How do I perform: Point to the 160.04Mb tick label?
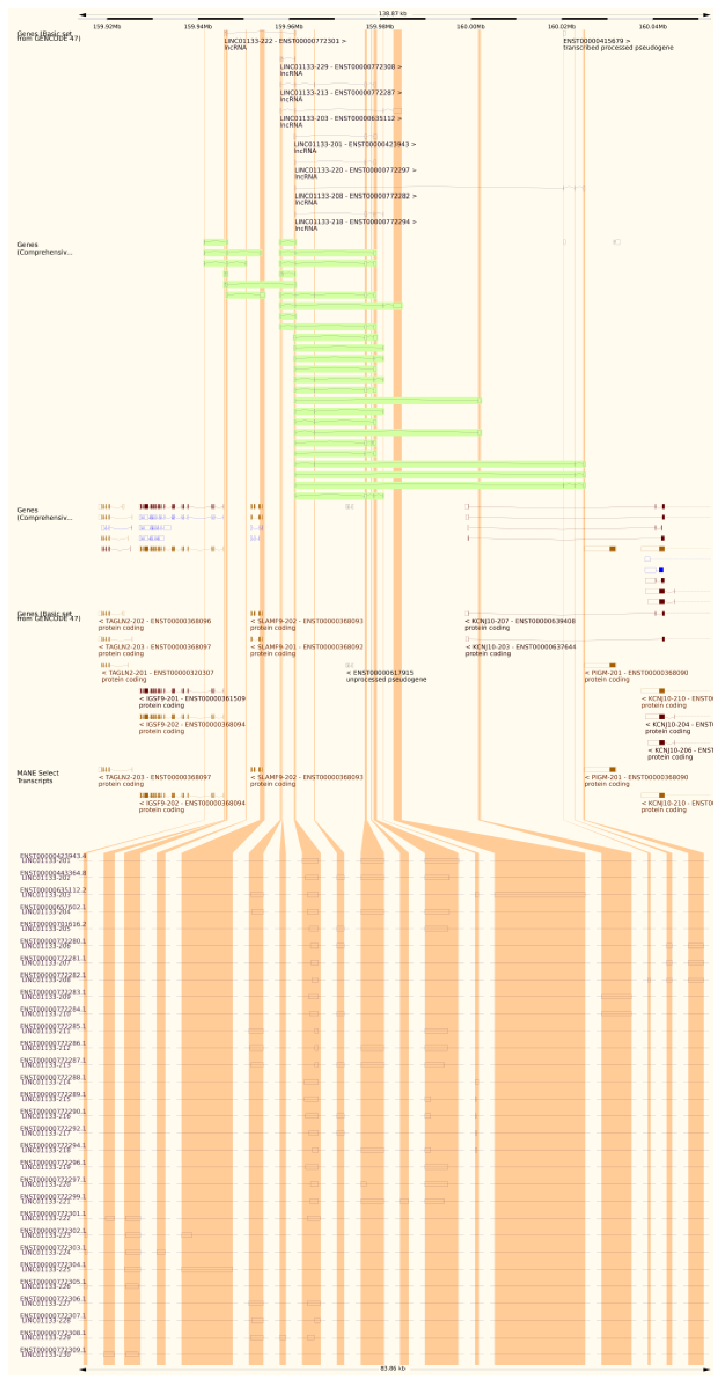pyautogui.click(x=652, y=26)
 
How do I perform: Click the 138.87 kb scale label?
pyautogui.click(x=392, y=13)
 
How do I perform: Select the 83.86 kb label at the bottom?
pyautogui.click(x=392, y=1368)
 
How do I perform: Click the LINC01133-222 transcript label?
pyautogui.click(x=285, y=41)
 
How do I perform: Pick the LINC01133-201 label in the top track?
pyautogui.click(x=354, y=145)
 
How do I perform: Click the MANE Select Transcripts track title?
pyautogui.click(x=38, y=776)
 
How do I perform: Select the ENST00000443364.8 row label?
pyautogui.click(x=53, y=873)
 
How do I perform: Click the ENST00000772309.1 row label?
pyautogui.click(x=53, y=1350)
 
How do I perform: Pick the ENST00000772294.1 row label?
pyautogui.click(x=53, y=1146)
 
